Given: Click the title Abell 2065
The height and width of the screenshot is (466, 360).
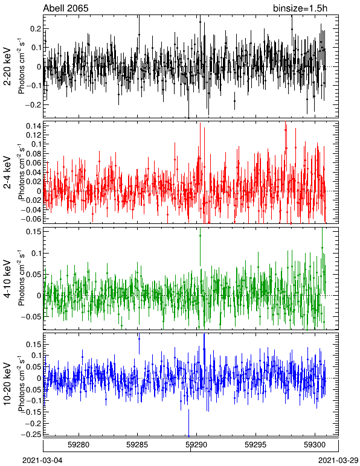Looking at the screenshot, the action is coord(66,8).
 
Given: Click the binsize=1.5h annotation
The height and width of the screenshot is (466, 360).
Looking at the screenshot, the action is coord(300,8).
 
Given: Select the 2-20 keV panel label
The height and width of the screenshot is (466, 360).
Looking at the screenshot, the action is coord(7,66).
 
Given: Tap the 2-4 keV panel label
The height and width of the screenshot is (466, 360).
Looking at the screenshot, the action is coord(7,173).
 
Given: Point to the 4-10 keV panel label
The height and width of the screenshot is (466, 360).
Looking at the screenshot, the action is coord(7,279).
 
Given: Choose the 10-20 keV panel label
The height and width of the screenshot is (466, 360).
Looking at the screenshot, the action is coord(7,384).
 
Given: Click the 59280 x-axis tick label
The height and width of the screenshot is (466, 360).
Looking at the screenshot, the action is coord(79,445).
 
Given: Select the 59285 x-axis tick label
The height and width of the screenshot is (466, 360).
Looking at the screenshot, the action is coord(137,445).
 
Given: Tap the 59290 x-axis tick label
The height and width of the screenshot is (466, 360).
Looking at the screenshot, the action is coord(196,445).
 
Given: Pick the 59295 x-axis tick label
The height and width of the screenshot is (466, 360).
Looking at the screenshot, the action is coord(256,445).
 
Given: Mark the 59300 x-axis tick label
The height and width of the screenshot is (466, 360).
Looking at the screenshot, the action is coord(315,445).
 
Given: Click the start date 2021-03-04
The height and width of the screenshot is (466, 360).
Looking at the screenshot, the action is coord(42,461).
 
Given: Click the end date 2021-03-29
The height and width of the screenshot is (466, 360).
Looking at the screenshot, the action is coord(338,461).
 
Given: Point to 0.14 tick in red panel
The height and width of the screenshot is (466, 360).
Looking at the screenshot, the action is coord(34,126).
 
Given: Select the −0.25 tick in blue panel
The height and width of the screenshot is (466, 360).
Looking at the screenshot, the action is coord(31,435).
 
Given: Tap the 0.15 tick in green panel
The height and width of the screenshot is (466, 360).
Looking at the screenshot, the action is coord(34,232).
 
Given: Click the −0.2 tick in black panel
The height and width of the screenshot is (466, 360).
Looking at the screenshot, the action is coord(33,104).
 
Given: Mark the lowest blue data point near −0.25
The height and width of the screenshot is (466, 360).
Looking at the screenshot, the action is coord(188,436).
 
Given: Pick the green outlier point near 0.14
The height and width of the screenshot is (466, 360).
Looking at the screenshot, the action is coord(200,235).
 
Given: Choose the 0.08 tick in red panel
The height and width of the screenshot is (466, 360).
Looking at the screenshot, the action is coord(34,153).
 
